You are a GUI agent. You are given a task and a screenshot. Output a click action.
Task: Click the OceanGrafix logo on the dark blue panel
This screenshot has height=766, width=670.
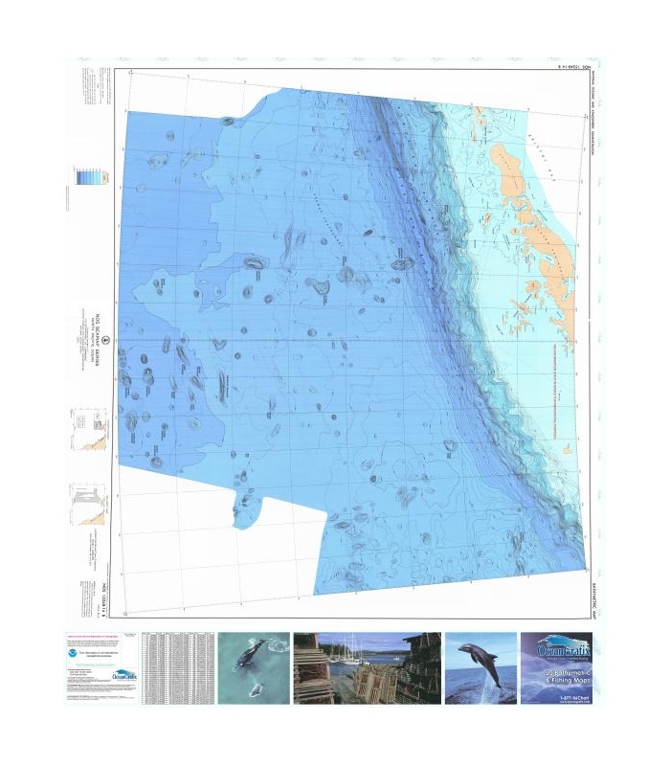tap(556, 650)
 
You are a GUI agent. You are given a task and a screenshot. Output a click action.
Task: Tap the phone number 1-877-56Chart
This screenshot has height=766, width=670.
tap(556, 699)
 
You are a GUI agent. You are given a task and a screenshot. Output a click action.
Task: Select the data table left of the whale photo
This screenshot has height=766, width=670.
tap(177, 668)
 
